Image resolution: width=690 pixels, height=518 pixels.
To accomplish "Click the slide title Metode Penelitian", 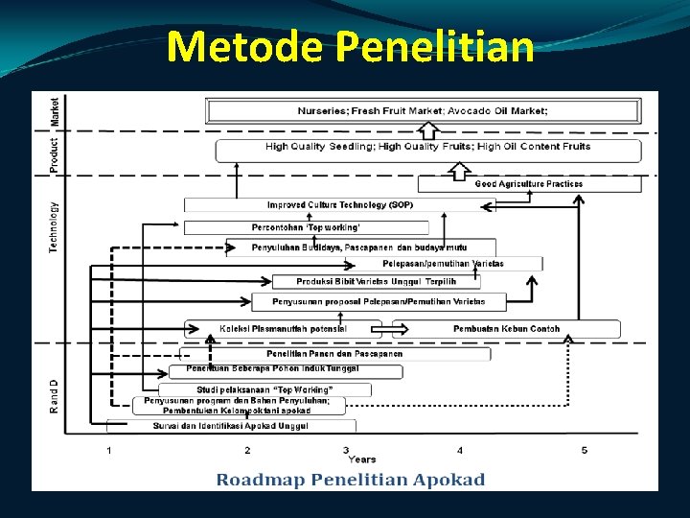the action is pos(350,45).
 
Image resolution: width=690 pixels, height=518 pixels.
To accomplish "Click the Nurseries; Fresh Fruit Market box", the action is pos(423,111).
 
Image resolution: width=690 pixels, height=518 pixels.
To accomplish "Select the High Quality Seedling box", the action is pos(427,148).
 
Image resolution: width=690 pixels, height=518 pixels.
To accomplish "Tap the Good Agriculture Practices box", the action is pos(528,183).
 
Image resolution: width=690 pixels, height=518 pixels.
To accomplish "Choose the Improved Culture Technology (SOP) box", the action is pos(340,205).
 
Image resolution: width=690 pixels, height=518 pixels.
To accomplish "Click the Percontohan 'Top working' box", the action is pos(307,227).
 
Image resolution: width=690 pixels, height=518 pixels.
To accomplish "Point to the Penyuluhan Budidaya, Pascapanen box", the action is pos(360,247).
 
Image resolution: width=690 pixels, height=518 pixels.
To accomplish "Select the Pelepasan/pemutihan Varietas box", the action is pos(443,263).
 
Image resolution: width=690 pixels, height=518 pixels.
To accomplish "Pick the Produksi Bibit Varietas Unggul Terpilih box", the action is pos(376,281).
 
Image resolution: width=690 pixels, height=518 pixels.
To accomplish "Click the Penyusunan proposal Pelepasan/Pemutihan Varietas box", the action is pos(379,302).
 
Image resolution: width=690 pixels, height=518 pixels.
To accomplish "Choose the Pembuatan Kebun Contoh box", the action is pos(506,329).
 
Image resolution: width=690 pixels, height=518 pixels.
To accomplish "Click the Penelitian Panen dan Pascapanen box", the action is pos(334,354).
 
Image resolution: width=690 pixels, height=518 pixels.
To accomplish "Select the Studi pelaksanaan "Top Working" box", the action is pos(264,389).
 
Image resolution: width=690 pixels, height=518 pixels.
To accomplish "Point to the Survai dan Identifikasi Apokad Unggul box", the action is pos(230,425).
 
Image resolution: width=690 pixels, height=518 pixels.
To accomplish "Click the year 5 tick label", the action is pos(585,450).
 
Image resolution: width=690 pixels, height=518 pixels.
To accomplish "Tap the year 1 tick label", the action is pos(109,450).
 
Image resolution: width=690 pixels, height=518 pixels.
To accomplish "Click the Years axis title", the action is pos(361,459).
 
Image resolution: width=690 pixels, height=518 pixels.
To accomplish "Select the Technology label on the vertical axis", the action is pos(54,227).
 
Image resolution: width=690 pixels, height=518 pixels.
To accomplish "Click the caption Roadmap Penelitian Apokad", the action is pos(350,480).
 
